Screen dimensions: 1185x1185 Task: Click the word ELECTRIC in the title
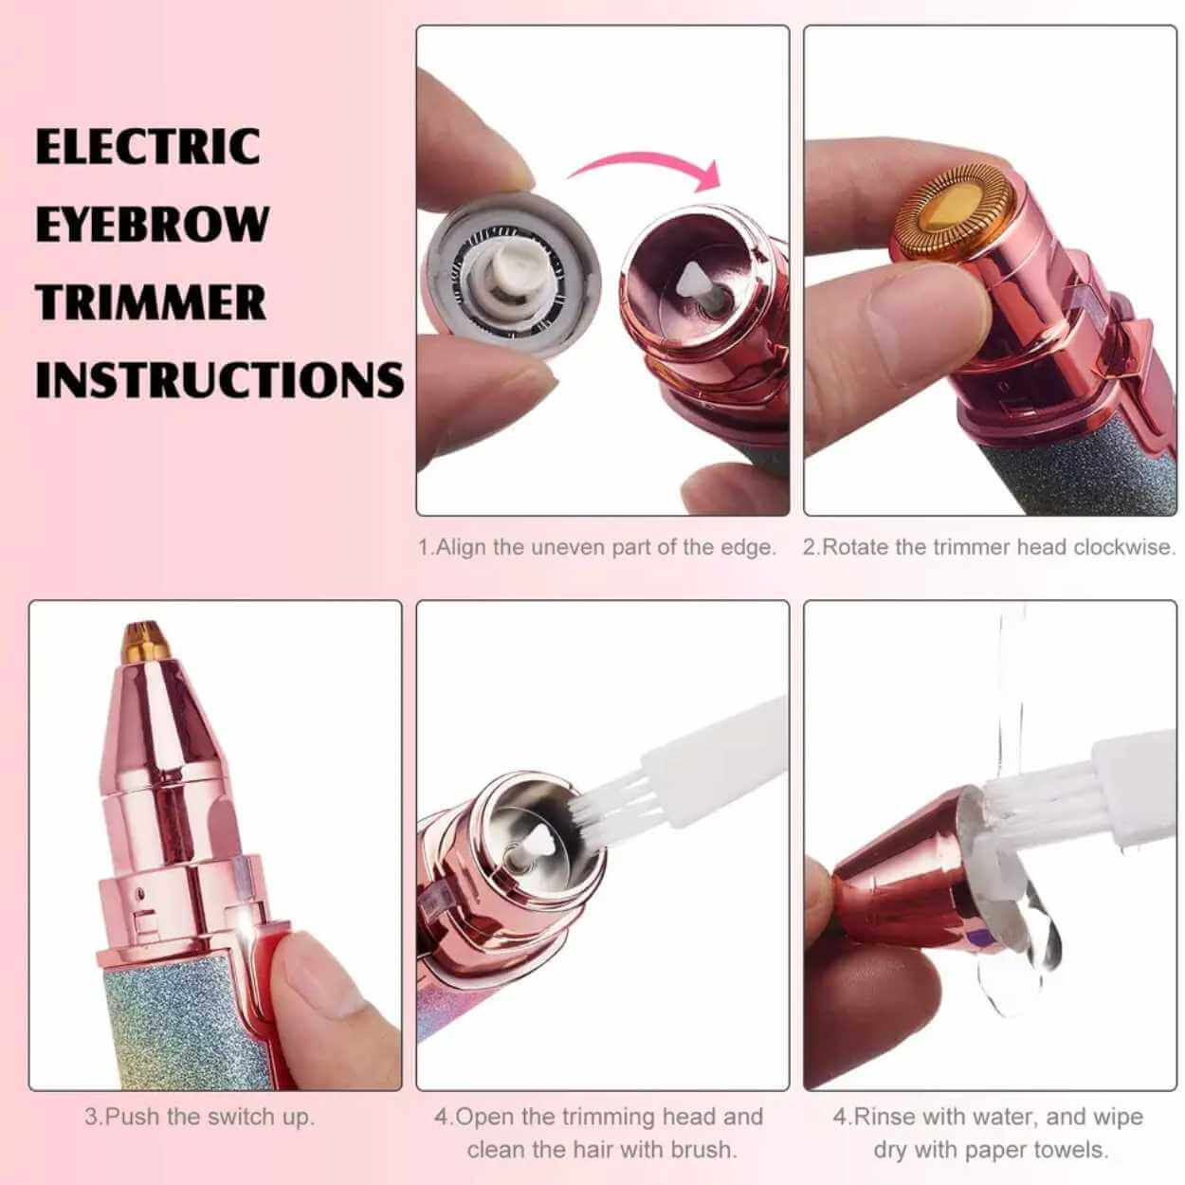point(148,146)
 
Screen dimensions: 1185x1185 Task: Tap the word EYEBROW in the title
point(153,223)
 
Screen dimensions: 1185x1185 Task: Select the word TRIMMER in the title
point(151,301)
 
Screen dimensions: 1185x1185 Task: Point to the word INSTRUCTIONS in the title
point(220,379)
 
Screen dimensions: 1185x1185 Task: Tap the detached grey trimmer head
point(509,272)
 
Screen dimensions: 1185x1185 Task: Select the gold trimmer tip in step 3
point(146,642)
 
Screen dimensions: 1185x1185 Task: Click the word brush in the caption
point(702,1132)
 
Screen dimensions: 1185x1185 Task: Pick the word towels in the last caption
point(1070,1132)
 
